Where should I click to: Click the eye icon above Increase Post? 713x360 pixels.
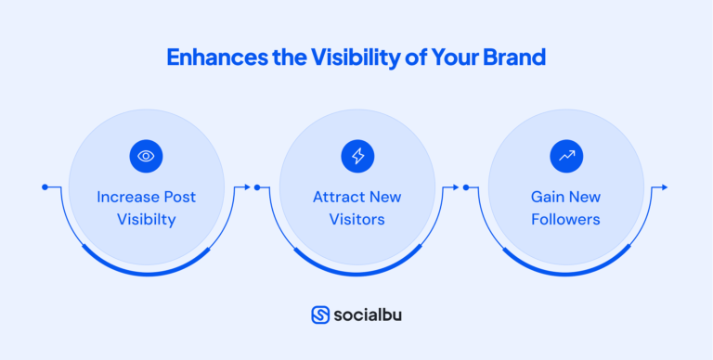point(146,156)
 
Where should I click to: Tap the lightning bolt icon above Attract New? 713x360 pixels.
point(356,156)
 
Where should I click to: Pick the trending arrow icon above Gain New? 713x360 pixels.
point(565,156)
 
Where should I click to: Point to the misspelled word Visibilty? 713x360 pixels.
point(146,220)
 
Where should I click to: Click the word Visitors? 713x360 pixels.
point(356,220)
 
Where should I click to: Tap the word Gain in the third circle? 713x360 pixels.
point(547,198)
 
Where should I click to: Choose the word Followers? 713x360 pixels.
point(565,220)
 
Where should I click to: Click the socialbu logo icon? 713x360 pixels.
point(320,315)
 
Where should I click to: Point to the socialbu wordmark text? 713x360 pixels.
point(369,315)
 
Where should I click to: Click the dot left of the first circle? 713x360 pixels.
point(45,187)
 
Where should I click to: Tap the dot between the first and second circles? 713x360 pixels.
point(257,187)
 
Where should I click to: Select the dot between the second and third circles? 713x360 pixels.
point(466,187)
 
